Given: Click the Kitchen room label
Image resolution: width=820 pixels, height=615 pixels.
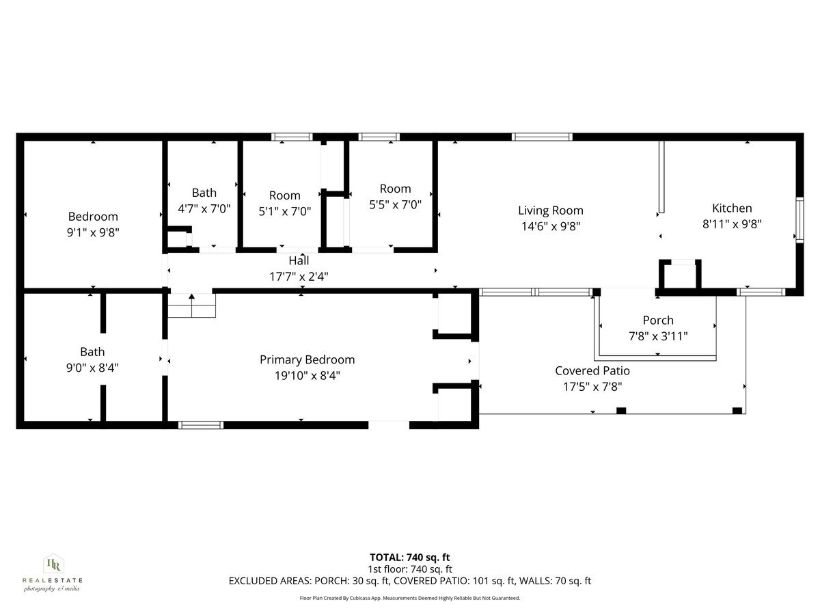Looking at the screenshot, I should click(x=732, y=208).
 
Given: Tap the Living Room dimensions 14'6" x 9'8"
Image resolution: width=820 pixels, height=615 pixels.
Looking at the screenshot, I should click(x=550, y=225).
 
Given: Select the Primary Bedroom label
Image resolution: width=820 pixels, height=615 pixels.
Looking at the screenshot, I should click(x=307, y=359).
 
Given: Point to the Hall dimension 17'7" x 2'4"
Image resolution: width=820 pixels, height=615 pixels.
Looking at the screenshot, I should click(x=299, y=275).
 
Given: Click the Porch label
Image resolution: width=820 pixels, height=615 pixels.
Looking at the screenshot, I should click(x=657, y=320).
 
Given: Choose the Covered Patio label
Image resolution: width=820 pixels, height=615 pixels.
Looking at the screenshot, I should click(x=592, y=370).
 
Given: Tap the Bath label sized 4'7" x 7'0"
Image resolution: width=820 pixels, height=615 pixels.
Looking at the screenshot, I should click(x=204, y=193).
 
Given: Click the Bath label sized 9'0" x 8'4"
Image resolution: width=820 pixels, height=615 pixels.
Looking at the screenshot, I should click(x=92, y=351).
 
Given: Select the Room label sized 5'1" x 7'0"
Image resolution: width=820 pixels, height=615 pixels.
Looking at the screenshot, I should click(x=284, y=195).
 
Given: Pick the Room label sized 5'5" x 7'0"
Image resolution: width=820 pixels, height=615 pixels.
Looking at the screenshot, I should click(x=395, y=189).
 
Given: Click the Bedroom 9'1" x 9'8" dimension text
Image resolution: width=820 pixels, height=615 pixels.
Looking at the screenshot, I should click(x=93, y=232).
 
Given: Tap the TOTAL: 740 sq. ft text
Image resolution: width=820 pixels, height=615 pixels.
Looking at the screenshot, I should click(x=410, y=557).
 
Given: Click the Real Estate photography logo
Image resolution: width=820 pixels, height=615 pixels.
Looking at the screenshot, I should click(x=53, y=573).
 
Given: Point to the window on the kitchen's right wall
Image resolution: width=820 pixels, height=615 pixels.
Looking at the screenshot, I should click(x=799, y=219).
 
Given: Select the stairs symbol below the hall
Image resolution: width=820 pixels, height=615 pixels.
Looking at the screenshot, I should click(x=192, y=305).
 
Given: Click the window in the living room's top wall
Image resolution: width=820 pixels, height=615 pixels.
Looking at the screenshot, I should click(x=542, y=137).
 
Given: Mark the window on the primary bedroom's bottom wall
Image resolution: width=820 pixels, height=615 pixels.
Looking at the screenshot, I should click(x=201, y=425).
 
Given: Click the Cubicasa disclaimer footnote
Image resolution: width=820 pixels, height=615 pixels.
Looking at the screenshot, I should click(x=410, y=598).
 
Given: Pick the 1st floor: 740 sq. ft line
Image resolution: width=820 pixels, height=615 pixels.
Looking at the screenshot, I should click(x=410, y=569).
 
